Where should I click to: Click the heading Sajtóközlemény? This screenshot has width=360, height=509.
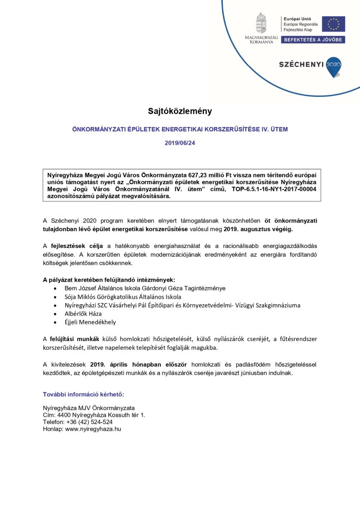[180, 111]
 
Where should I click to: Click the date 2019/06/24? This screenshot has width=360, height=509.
[180, 143]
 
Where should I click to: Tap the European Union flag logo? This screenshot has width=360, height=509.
[333, 24]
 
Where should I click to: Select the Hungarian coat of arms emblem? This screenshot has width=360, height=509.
[261, 24]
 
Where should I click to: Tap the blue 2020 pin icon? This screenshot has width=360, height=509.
[333, 67]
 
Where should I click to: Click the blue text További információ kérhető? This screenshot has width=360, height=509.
[84, 394]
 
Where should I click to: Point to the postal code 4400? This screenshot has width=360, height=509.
[64, 414]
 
